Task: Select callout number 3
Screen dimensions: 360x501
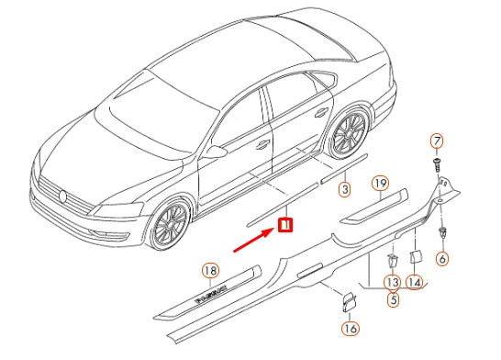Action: point(344,190)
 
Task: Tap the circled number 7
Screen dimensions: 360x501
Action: point(438,141)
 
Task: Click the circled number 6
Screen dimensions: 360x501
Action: point(442,260)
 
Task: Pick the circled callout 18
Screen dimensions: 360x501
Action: point(210,270)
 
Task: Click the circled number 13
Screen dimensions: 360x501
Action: point(392,282)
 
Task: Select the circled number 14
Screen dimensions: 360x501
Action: point(415,282)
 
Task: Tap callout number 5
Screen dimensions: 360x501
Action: point(392,298)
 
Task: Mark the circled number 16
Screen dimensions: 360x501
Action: point(350,328)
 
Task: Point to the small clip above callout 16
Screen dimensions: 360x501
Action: point(350,301)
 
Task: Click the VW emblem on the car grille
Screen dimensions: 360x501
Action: point(64,196)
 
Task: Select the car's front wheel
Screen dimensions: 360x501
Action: point(170,225)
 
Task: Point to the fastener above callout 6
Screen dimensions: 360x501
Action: point(442,233)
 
